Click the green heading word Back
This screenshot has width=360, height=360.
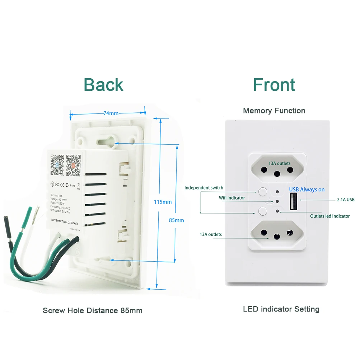pyautogui.click(x=103, y=85)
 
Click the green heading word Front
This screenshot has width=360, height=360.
pyautogui.click(x=274, y=85)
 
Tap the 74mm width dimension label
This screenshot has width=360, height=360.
pyautogui.click(x=111, y=113)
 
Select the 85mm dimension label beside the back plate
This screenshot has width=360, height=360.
pyautogui.click(x=176, y=220)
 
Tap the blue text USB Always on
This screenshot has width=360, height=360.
pyautogui.click(x=307, y=190)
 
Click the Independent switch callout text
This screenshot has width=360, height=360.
pyautogui.click(x=204, y=188)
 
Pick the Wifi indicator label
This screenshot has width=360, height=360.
pyautogui.click(x=232, y=198)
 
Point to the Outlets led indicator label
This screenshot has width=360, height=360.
pyautogui.click(x=329, y=216)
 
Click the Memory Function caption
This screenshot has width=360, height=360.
pyautogui.click(x=274, y=111)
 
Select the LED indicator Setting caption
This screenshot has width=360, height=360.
pyautogui.click(x=281, y=309)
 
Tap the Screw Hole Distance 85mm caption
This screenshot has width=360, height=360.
pyautogui.click(x=93, y=310)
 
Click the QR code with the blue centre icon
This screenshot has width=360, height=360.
pyautogui.click(x=57, y=165)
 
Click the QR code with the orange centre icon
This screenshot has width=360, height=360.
pyautogui.click(x=73, y=165)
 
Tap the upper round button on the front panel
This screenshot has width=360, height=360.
pyautogui.click(x=263, y=191)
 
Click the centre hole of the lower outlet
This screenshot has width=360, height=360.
pyautogui.click(x=277, y=237)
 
